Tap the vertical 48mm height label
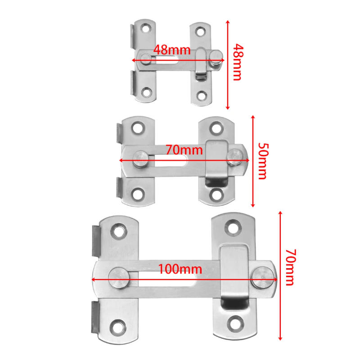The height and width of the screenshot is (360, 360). tap(238, 63)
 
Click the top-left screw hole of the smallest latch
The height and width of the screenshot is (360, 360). tap(146, 30)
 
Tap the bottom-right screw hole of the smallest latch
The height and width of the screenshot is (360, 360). tap(201, 95)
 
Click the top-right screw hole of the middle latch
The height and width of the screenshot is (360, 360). tap(218, 128)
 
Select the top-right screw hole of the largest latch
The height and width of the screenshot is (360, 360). tap(234, 228)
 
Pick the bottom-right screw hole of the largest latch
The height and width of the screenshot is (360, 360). tap(235, 323)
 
